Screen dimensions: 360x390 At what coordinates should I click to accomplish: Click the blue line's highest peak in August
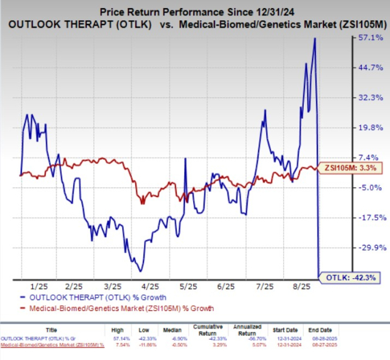[x=315, y=38]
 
